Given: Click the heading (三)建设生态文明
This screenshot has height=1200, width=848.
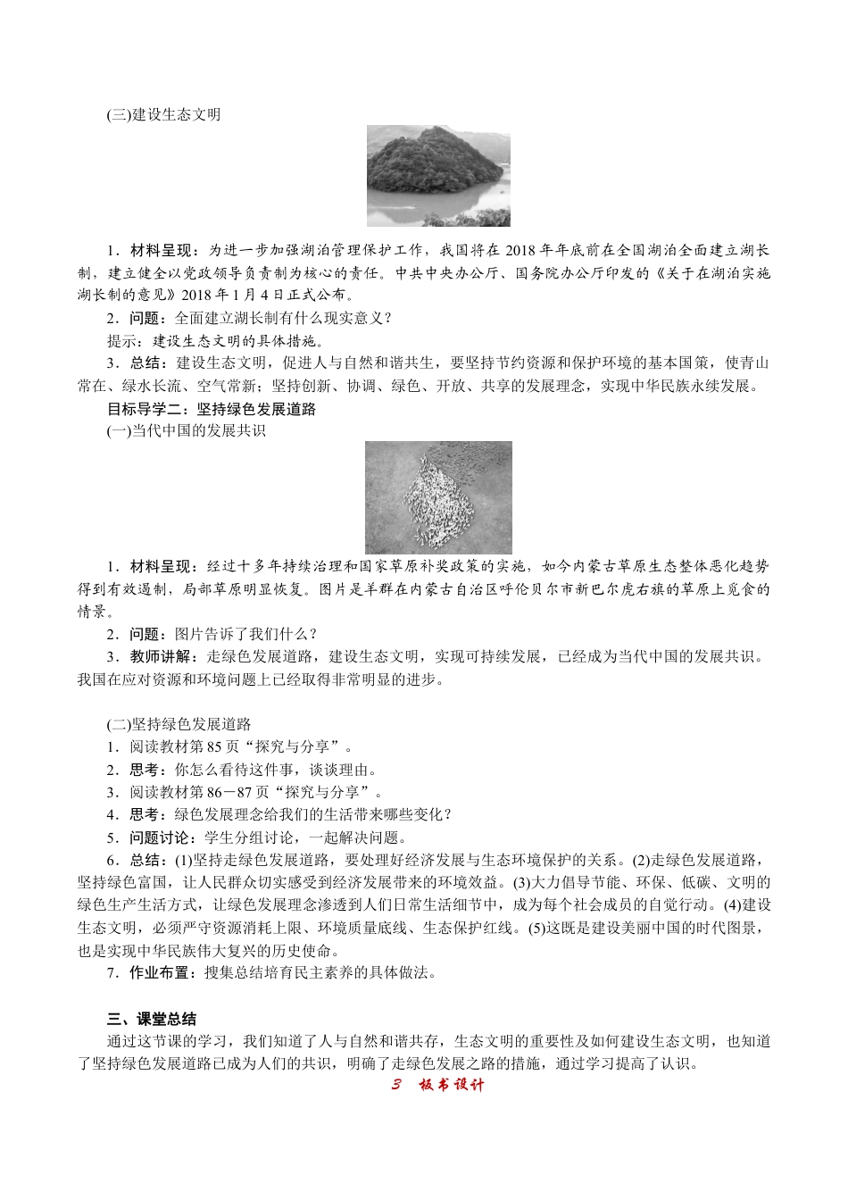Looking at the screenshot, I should pyautogui.click(x=163, y=115).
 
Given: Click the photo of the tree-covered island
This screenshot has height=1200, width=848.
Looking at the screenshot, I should pyautogui.click(x=438, y=175).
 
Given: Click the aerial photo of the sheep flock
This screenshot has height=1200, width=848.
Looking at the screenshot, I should pyautogui.click(x=438, y=497).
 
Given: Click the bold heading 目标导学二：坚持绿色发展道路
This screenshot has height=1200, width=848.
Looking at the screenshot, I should pyautogui.click(x=212, y=410).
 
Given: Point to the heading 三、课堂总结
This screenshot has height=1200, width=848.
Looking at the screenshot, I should pyautogui.click(x=152, y=1019).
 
